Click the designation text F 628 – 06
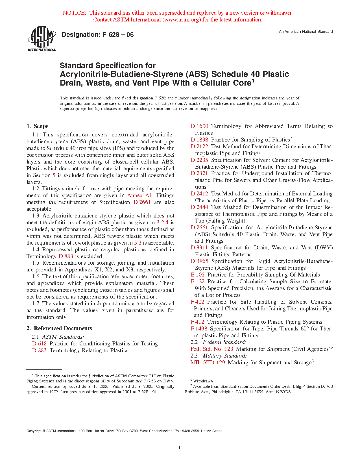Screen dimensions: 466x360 (97, 35)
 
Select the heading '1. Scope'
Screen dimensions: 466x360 (37, 126)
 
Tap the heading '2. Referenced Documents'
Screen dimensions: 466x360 (59, 328)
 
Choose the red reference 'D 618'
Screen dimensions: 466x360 (39, 344)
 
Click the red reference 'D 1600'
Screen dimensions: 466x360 (199, 126)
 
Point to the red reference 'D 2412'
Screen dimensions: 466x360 (199, 194)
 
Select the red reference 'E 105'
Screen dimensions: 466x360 (197, 275)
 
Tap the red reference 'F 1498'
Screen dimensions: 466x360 (199, 329)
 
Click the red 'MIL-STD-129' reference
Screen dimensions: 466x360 (208, 363)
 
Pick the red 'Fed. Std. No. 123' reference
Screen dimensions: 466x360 (212, 349)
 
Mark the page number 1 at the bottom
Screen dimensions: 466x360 (179, 447)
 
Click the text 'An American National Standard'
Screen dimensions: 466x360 (306, 32)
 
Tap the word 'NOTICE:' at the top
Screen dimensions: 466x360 (74, 13)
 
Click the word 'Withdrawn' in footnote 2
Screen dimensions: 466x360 (203, 381)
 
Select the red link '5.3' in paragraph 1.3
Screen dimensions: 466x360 (138, 243)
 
